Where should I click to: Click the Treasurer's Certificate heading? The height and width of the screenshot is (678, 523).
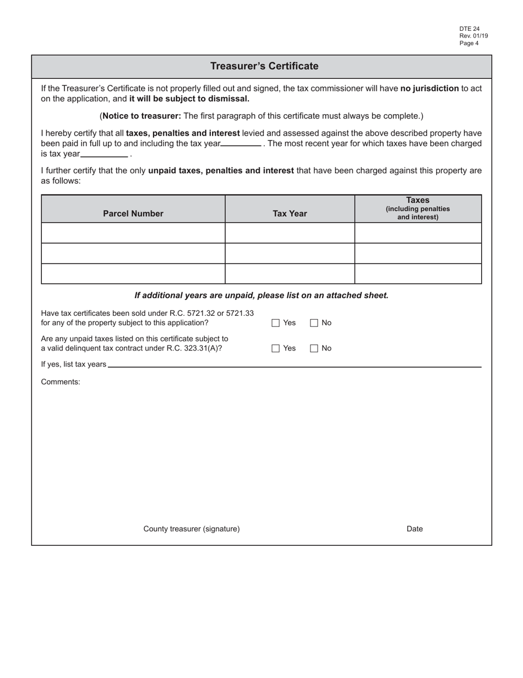(x=264, y=66)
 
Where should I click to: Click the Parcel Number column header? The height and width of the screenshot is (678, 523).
(x=133, y=213)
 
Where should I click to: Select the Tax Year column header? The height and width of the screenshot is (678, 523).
(x=290, y=213)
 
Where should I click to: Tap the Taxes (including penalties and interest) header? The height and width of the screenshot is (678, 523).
(x=418, y=208)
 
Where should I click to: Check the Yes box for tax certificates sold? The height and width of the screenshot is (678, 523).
(x=276, y=323)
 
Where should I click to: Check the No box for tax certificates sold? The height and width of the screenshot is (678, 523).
(x=314, y=323)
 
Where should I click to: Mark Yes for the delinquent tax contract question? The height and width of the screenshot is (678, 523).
(x=276, y=348)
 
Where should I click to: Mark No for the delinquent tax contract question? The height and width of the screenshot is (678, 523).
(x=314, y=348)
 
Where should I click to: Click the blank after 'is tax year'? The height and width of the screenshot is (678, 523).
(x=104, y=154)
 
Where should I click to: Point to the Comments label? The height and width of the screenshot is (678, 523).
(x=61, y=381)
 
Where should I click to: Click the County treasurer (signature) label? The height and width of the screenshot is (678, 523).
(x=192, y=529)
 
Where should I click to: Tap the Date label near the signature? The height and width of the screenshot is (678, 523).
(x=415, y=529)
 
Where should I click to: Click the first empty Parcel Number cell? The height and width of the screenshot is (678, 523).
(x=133, y=233)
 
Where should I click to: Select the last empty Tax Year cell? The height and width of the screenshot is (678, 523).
(x=290, y=273)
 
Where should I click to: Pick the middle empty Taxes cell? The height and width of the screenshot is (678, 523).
(x=418, y=253)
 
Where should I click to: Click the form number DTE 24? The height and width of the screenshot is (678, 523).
(x=470, y=29)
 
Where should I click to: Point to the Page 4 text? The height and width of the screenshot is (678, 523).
(x=469, y=43)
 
